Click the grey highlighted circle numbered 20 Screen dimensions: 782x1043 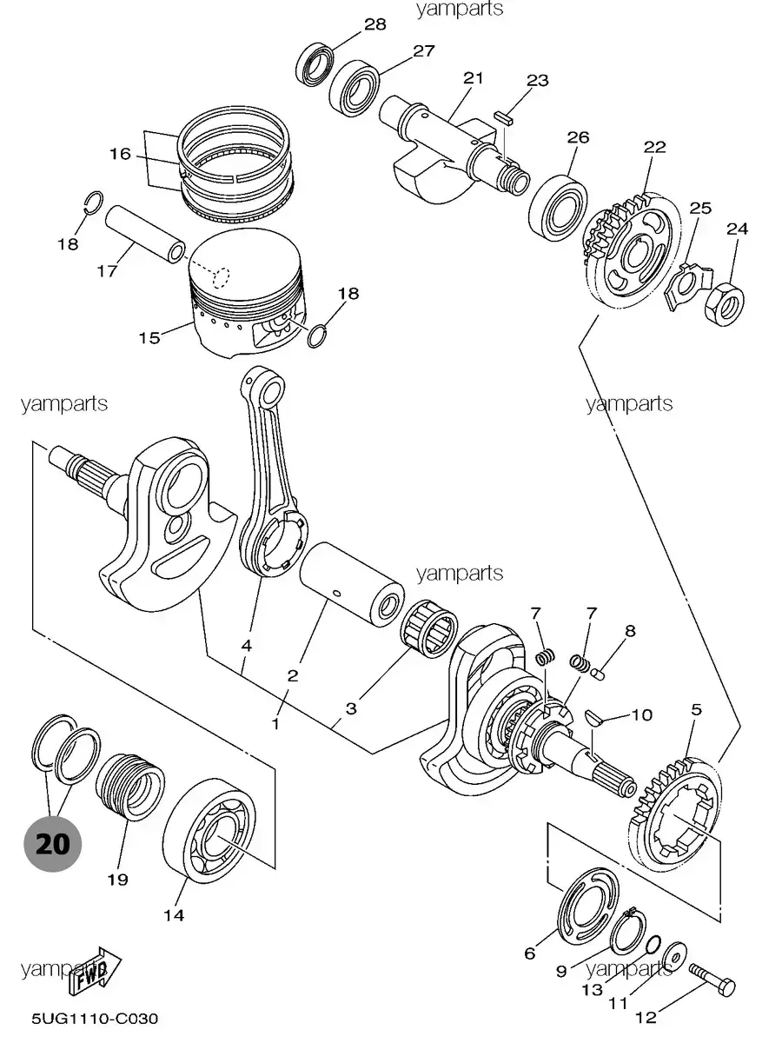point(53,844)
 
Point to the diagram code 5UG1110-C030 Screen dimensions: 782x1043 point(95,1019)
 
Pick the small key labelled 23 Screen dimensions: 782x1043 point(503,118)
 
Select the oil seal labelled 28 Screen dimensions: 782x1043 point(315,64)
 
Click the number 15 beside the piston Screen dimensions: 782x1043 point(149,338)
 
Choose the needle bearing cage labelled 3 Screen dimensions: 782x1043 point(429,628)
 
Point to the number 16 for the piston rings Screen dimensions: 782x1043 point(120,154)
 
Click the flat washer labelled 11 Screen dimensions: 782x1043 point(675,951)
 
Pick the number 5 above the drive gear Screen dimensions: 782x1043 point(696,710)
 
